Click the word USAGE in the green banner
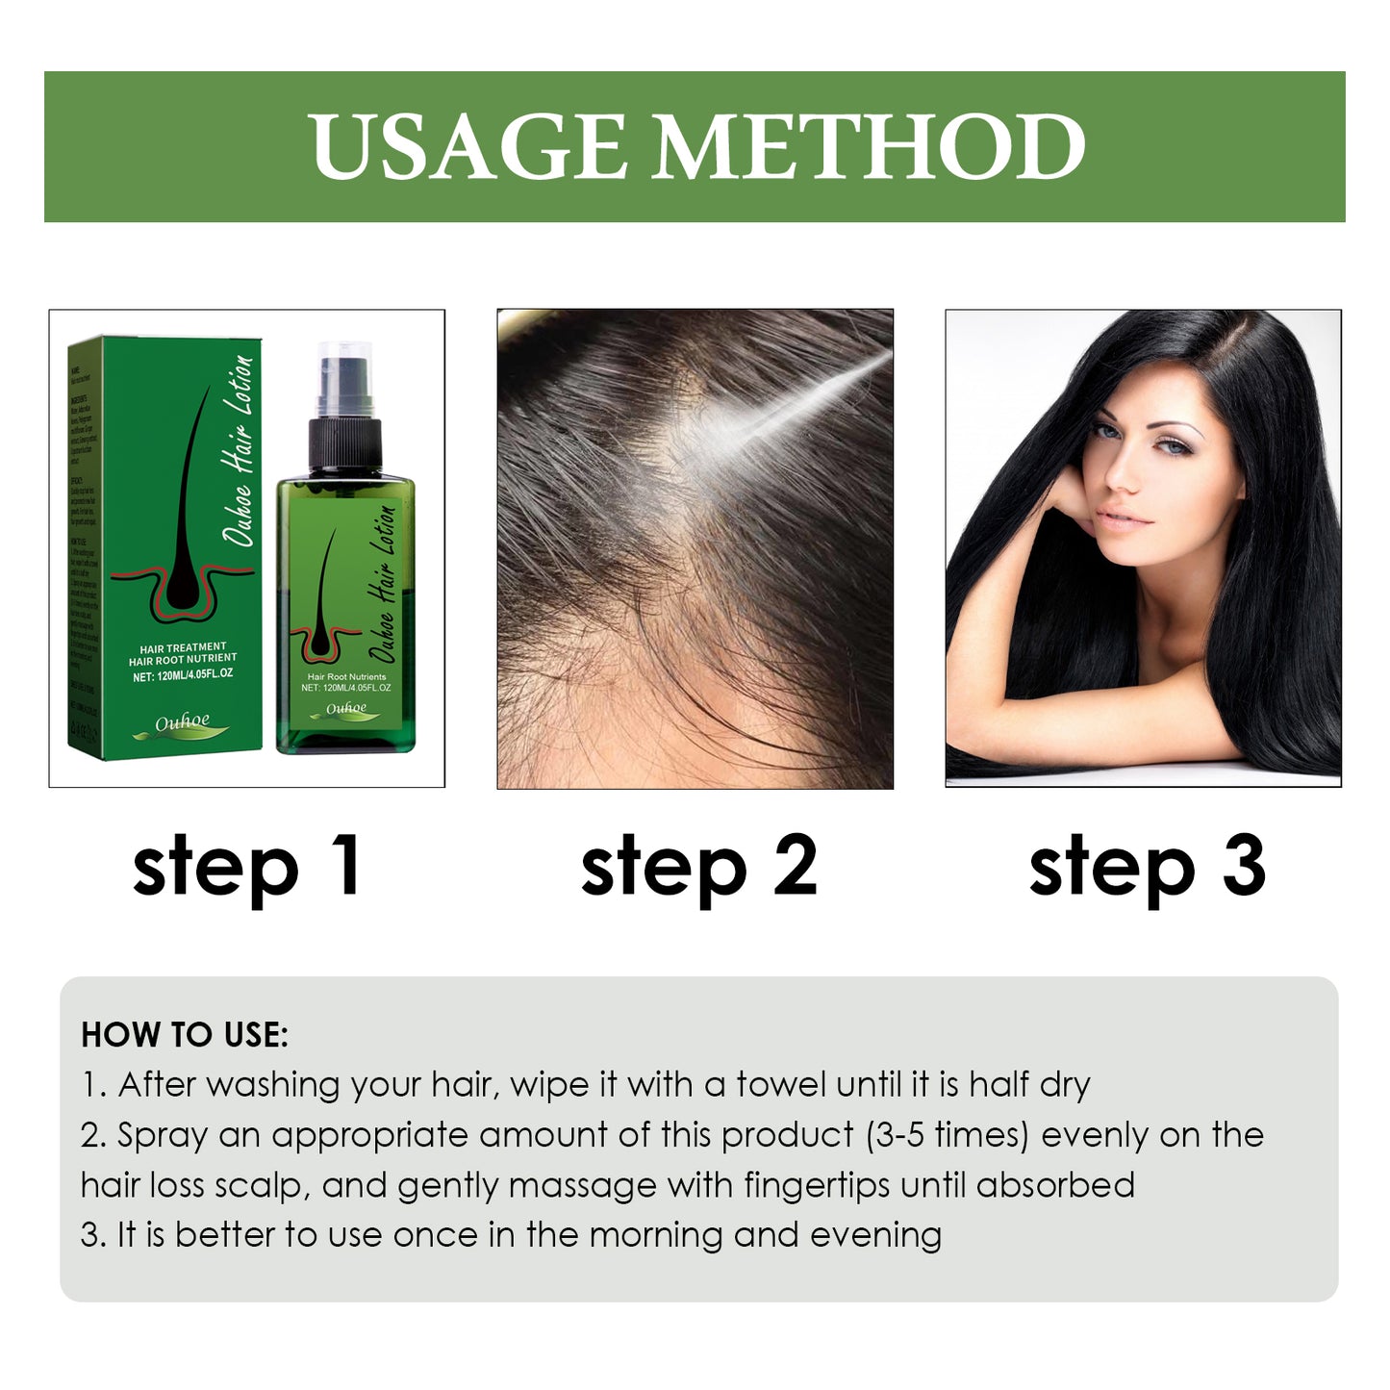click(x=468, y=147)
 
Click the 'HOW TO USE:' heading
click(x=185, y=1035)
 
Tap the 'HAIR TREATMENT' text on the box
click(x=183, y=647)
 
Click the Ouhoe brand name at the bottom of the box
click(x=183, y=721)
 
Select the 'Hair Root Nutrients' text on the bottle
click(x=346, y=677)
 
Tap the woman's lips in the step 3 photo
click(x=1123, y=519)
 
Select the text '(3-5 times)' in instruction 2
click(x=948, y=1135)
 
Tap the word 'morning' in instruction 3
click(x=655, y=1235)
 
